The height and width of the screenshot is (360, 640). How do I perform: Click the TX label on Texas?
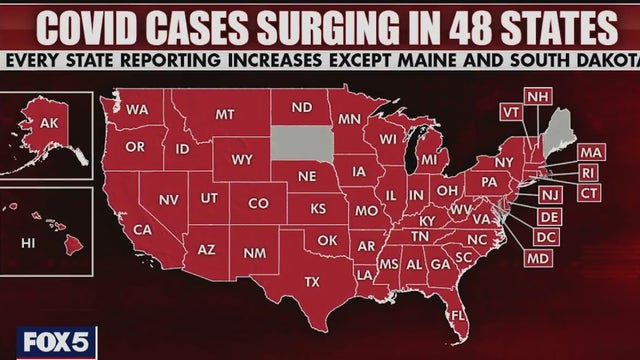tap(311, 281)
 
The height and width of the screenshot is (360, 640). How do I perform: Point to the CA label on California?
tap(142, 229)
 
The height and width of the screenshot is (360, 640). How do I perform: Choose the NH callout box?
tap(538, 96)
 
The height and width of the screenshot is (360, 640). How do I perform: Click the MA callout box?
tap(589, 152)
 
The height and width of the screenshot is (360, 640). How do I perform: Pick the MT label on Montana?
tap(225, 115)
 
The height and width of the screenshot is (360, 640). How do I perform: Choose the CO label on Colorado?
tap(258, 202)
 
